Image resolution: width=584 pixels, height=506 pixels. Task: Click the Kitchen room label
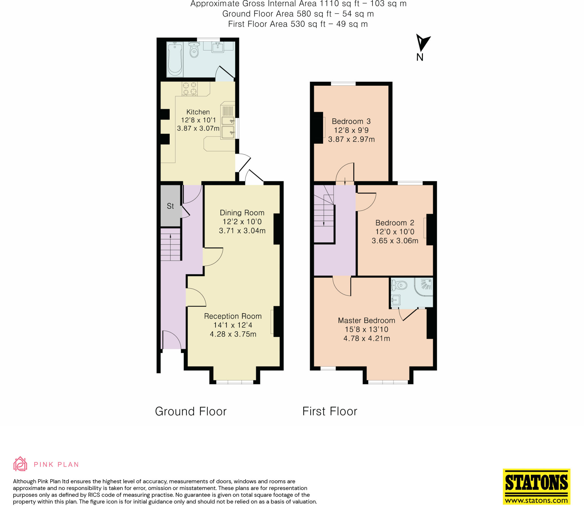198,112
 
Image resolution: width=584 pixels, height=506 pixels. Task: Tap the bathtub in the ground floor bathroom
175,59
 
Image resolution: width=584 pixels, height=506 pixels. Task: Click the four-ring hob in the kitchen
190,88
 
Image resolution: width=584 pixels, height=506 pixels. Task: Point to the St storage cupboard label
170,206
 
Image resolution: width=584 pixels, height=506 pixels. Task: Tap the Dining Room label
242,213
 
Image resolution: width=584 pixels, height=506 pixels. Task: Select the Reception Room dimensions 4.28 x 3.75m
233,334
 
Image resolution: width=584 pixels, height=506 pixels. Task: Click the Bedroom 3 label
351,121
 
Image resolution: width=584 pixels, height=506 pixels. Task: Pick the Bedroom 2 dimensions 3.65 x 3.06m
395,241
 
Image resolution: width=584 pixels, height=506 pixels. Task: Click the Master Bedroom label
366,321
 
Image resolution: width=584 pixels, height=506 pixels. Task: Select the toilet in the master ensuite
399,285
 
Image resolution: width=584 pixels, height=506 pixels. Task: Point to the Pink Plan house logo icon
20,464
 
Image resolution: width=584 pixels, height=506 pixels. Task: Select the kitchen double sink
228,127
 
